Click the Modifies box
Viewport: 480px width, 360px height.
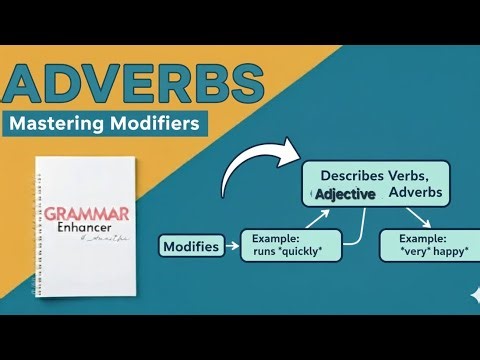(x=191, y=246)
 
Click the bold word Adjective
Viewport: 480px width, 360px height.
(x=345, y=193)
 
